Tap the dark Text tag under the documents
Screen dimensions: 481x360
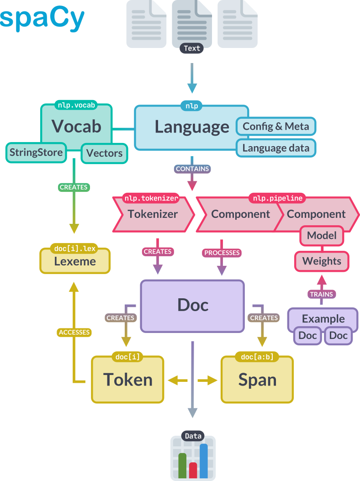(x=192, y=48)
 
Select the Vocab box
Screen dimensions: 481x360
(x=76, y=126)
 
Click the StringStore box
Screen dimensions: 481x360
(x=36, y=152)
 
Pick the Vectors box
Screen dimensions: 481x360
(x=105, y=153)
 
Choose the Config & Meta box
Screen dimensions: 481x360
(x=275, y=126)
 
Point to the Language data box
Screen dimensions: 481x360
(x=275, y=148)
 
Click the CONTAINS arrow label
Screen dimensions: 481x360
(x=192, y=169)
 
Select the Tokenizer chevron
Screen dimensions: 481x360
(x=153, y=214)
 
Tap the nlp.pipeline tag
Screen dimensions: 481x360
(x=277, y=198)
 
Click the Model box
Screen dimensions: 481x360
(x=322, y=236)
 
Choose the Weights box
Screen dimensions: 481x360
(x=322, y=261)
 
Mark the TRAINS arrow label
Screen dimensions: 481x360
(x=321, y=294)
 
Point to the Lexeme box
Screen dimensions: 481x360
(x=75, y=262)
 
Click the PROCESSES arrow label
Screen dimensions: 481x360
(x=222, y=253)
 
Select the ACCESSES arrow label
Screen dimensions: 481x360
(x=74, y=332)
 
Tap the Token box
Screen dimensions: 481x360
(x=127, y=380)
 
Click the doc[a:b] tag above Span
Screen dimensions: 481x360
(x=256, y=357)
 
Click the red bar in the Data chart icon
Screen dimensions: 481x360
(x=193, y=469)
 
